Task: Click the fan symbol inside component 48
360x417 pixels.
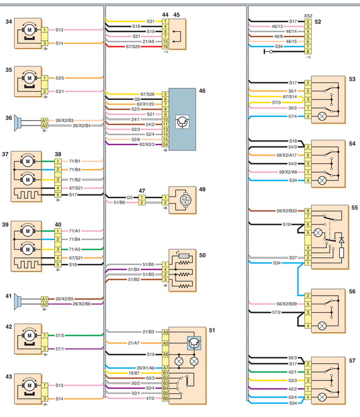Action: tap(184, 200)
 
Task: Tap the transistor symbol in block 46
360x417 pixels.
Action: tap(182, 122)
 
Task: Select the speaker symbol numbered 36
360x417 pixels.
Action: tap(18, 123)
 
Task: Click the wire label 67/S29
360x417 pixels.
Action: tap(133, 46)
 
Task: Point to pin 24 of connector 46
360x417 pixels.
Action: tap(165, 144)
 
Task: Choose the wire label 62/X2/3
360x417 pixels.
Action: tap(147, 144)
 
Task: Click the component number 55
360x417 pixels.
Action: tap(355, 207)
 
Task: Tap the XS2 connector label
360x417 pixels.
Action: tap(308, 16)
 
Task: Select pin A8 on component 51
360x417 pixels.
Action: tap(165, 332)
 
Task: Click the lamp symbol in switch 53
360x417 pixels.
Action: tap(322, 116)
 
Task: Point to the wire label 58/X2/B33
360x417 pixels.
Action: tap(286, 211)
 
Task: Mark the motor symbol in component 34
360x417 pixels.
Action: tap(29, 30)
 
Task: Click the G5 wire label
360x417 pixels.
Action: tap(129, 198)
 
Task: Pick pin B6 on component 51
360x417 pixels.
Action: tap(165, 398)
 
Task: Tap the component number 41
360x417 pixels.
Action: tap(9, 296)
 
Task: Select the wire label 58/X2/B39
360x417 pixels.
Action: tap(286, 304)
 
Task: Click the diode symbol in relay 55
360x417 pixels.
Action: tap(342, 240)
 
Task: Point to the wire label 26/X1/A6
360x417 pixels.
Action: tap(146, 368)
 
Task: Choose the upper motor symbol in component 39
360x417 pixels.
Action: tap(27, 231)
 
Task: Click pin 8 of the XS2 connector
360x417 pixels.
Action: tap(308, 52)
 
